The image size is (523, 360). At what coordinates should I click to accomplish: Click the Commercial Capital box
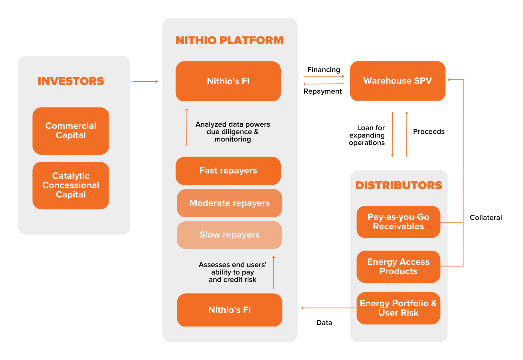coord(71,131)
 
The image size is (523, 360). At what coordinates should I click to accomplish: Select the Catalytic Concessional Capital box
coord(71,185)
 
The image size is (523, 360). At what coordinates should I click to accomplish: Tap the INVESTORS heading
coord(71,81)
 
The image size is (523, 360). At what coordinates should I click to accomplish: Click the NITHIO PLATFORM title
coord(230,40)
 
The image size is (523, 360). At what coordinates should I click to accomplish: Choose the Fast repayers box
coord(228,171)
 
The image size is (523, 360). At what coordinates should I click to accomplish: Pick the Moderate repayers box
coord(230,203)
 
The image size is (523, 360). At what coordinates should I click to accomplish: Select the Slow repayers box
coord(230,235)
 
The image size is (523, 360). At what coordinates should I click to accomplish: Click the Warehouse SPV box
coord(398,81)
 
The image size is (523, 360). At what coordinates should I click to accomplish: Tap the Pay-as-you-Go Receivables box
coord(399,222)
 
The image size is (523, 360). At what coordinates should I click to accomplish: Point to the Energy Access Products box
coord(399,267)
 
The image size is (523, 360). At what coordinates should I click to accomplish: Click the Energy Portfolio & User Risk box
coord(399,308)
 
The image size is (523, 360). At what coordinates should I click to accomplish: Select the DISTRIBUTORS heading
coord(399,185)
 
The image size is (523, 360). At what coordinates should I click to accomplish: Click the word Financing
coord(324,70)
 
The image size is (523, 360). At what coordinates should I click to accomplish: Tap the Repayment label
coord(323,91)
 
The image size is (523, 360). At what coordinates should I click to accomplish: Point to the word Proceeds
coord(429,132)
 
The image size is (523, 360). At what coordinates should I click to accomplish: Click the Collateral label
coord(486,218)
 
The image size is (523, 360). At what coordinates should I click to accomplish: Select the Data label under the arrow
coord(324,323)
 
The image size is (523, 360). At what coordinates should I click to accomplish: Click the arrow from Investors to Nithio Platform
coord(145,81)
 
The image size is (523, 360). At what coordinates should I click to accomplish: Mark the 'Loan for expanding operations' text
coord(367,135)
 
